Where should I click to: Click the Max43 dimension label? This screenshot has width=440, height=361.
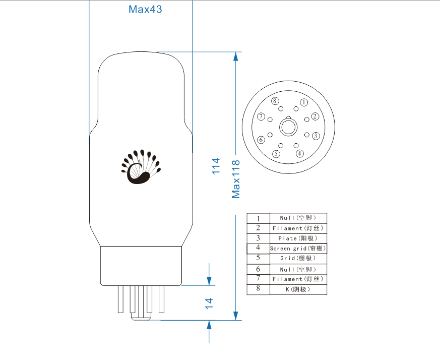[x=145, y=9]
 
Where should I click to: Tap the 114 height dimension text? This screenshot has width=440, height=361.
[x=216, y=166]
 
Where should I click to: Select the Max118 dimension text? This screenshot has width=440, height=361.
[x=236, y=179]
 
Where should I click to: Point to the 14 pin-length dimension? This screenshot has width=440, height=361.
[x=209, y=304]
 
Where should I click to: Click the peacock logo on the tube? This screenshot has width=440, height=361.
[x=141, y=167]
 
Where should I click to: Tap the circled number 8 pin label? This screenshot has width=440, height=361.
[x=275, y=101]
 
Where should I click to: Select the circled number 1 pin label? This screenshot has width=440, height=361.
[x=304, y=102]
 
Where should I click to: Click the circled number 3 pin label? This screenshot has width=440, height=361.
[x=316, y=136]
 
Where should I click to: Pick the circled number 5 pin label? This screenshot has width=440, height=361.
[x=276, y=154]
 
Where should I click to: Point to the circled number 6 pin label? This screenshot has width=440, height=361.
[x=261, y=140]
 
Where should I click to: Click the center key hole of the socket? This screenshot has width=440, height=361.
[x=288, y=127]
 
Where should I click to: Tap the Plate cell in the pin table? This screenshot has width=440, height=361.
[x=298, y=238]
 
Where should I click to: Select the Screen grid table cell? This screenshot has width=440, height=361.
[x=298, y=249]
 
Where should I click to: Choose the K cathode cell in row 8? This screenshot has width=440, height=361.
[x=298, y=289]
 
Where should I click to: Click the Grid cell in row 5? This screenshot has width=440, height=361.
[x=298, y=258]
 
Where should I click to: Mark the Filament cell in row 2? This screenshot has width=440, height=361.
[x=298, y=228]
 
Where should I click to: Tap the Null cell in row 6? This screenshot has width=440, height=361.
[x=298, y=269]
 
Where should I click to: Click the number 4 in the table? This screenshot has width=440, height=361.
[x=258, y=248]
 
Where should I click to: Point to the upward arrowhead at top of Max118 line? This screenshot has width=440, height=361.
[x=236, y=56]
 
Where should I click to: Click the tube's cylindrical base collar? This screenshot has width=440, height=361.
[x=141, y=266]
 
